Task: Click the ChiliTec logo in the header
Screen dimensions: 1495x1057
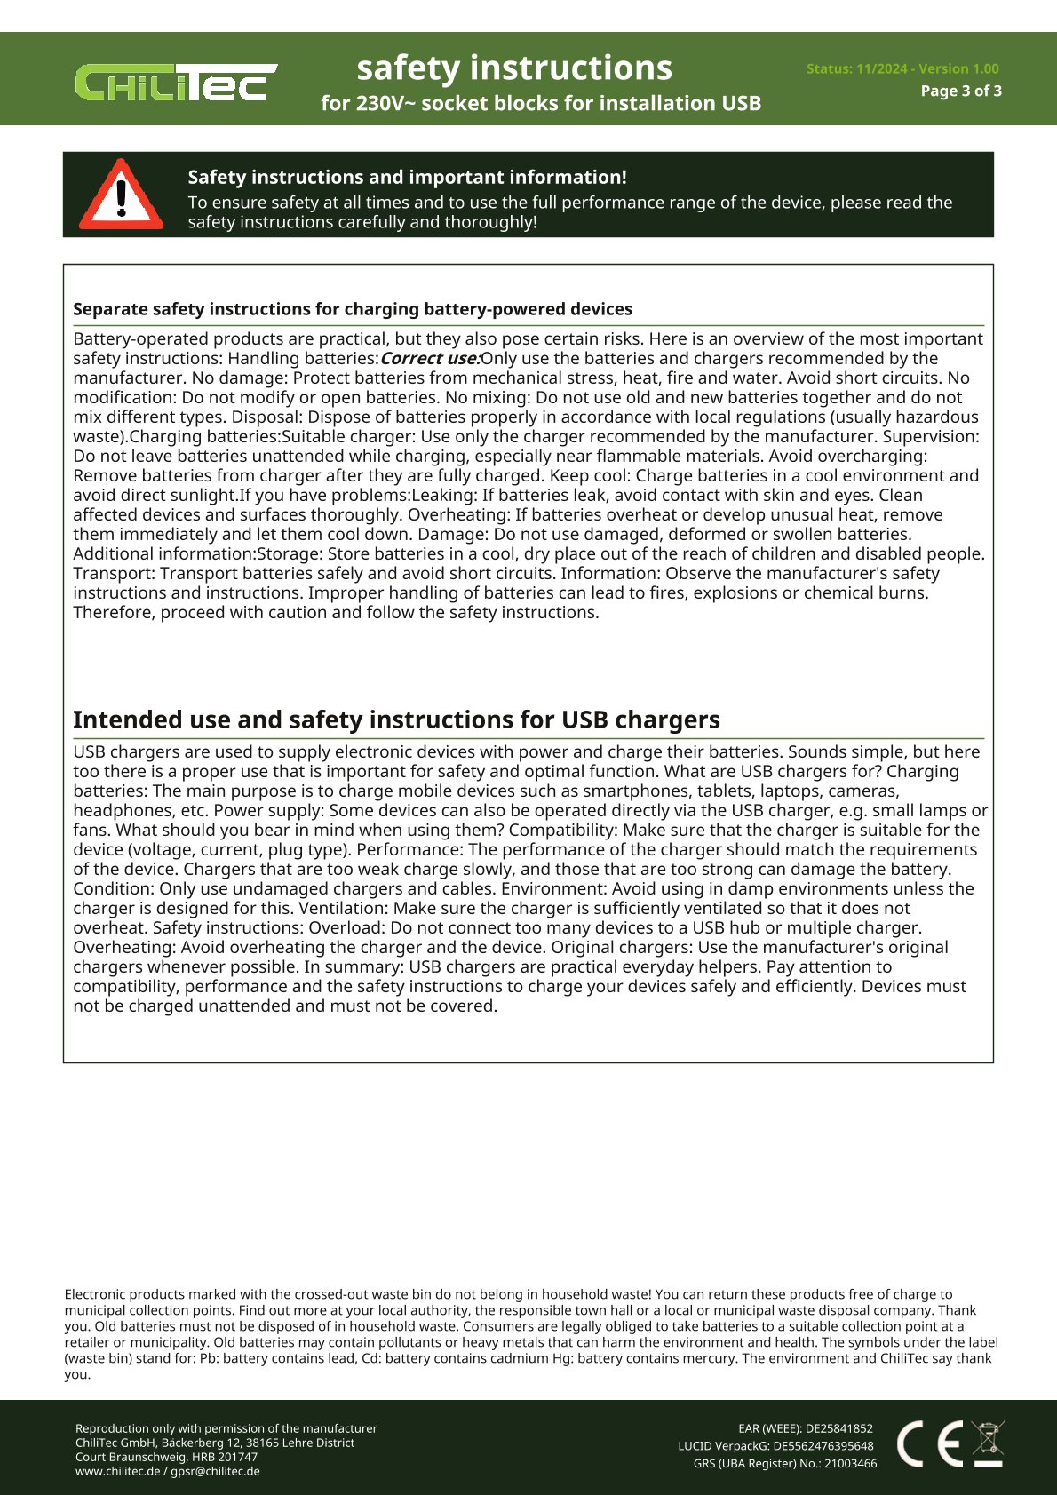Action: point(176,83)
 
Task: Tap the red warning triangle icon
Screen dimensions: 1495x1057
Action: point(122,195)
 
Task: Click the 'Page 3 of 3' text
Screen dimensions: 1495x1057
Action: point(961,91)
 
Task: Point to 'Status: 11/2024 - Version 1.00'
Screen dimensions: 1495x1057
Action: point(902,68)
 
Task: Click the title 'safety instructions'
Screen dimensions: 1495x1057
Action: point(514,68)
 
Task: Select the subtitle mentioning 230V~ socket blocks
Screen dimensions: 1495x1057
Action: point(541,103)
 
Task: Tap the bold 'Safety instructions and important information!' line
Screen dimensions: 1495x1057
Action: point(407,177)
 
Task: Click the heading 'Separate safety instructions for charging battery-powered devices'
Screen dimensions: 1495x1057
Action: point(353,309)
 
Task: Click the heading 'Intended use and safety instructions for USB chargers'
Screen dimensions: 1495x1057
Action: point(396,720)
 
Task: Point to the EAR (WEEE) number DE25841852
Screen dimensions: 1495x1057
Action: point(838,1429)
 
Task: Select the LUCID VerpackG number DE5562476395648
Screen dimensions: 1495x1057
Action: point(823,1446)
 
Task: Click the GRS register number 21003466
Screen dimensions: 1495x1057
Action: point(850,1464)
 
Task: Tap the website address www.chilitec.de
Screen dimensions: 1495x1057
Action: point(117,1471)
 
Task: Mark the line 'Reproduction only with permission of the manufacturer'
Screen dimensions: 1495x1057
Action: point(226,1428)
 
